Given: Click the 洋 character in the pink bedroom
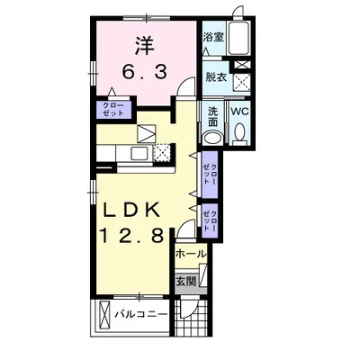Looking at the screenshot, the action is [145, 45].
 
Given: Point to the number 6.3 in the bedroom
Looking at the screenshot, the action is [144, 72].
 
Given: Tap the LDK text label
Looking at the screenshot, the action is [131, 211].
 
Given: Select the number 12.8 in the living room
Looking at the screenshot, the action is [131, 235].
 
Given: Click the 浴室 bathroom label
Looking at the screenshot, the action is [214, 37].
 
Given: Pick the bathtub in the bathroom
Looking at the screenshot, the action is [238, 38].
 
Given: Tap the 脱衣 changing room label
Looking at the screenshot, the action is [216, 77].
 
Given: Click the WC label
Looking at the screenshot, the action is [240, 112].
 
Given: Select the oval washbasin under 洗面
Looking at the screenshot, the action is [212, 138].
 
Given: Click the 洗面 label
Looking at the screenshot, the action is [212, 117].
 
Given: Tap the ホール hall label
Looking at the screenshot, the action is [191, 255].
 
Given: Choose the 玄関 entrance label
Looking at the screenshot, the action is [185, 282].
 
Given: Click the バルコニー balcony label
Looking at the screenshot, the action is [141, 314].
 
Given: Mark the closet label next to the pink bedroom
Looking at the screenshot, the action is [113, 110].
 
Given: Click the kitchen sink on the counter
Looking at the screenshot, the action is [139, 155].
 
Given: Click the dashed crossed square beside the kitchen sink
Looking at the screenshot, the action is [162, 153].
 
